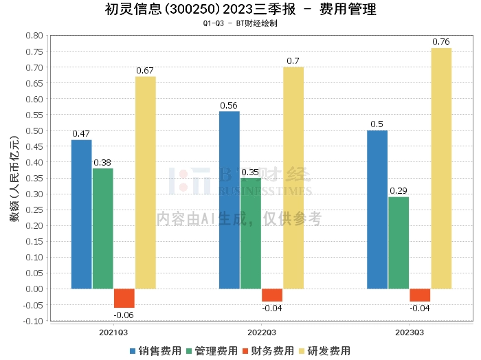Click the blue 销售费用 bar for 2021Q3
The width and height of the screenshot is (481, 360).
[x=81, y=214]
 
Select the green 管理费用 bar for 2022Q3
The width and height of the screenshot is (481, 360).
[x=251, y=234]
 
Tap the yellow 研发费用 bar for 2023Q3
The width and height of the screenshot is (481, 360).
[x=441, y=168]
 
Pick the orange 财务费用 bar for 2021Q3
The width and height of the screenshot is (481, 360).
[x=124, y=298]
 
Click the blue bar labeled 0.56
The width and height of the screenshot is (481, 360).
[x=230, y=200]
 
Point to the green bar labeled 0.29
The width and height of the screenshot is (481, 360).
[x=399, y=243]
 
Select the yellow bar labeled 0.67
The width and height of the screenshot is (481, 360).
[x=146, y=183]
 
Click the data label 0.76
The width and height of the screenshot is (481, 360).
[x=441, y=42]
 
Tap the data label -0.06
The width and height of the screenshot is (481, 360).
[x=124, y=315]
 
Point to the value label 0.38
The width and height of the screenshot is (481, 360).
[x=102, y=162]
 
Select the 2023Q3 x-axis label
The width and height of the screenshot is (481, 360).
[x=410, y=331]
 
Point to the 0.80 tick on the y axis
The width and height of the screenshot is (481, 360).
[x=34, y=35]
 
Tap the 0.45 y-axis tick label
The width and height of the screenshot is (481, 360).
[x=34, y=146]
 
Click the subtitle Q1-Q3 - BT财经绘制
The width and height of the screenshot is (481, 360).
[x=240, y=23]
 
